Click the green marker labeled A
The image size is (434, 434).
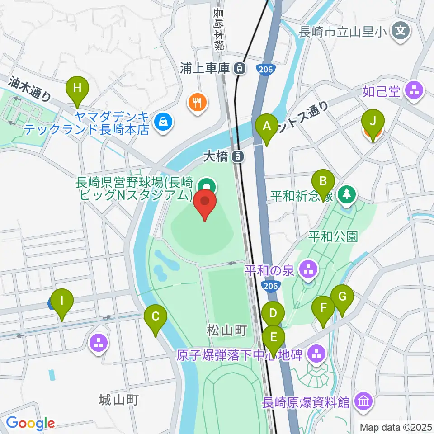[x=267, y=126]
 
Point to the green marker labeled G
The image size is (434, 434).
[x=342, y=297]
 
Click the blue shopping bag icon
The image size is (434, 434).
[x=161, y=121]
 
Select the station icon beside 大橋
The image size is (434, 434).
[x=236, y=157]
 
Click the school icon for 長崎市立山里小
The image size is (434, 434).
[x=401, y=31]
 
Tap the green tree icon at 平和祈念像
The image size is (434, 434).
[x=347, y=195]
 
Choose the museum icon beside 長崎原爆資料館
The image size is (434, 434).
[x=363, y=401]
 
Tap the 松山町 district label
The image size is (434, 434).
[x=227, y=330]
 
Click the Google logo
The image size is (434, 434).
[x=30, y=423]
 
